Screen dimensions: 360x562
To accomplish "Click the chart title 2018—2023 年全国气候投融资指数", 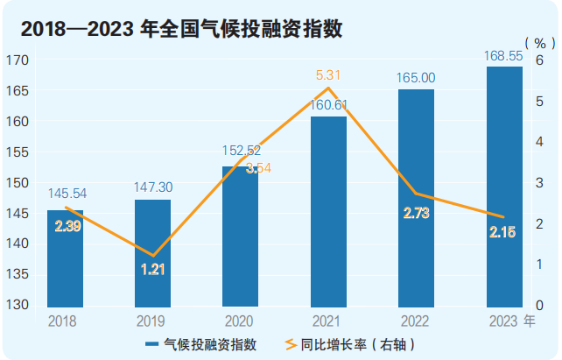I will [x=180, y=29].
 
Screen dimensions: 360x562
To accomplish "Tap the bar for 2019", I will [x=152, y=254].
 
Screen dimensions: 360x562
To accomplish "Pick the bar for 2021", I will [x=328, y=210].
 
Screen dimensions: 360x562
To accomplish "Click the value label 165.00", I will [x=417, y=78].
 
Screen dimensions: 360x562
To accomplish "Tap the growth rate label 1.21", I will [x=153, y=269].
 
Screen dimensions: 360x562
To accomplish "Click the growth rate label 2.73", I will [x=416, y=213].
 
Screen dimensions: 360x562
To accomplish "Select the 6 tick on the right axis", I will [x=540, y=60].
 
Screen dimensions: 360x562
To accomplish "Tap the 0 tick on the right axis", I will [x=540, y=306].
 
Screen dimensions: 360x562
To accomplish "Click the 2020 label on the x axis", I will [x=239, y=321].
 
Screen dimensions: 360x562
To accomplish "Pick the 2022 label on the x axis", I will [x=416, y=321].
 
